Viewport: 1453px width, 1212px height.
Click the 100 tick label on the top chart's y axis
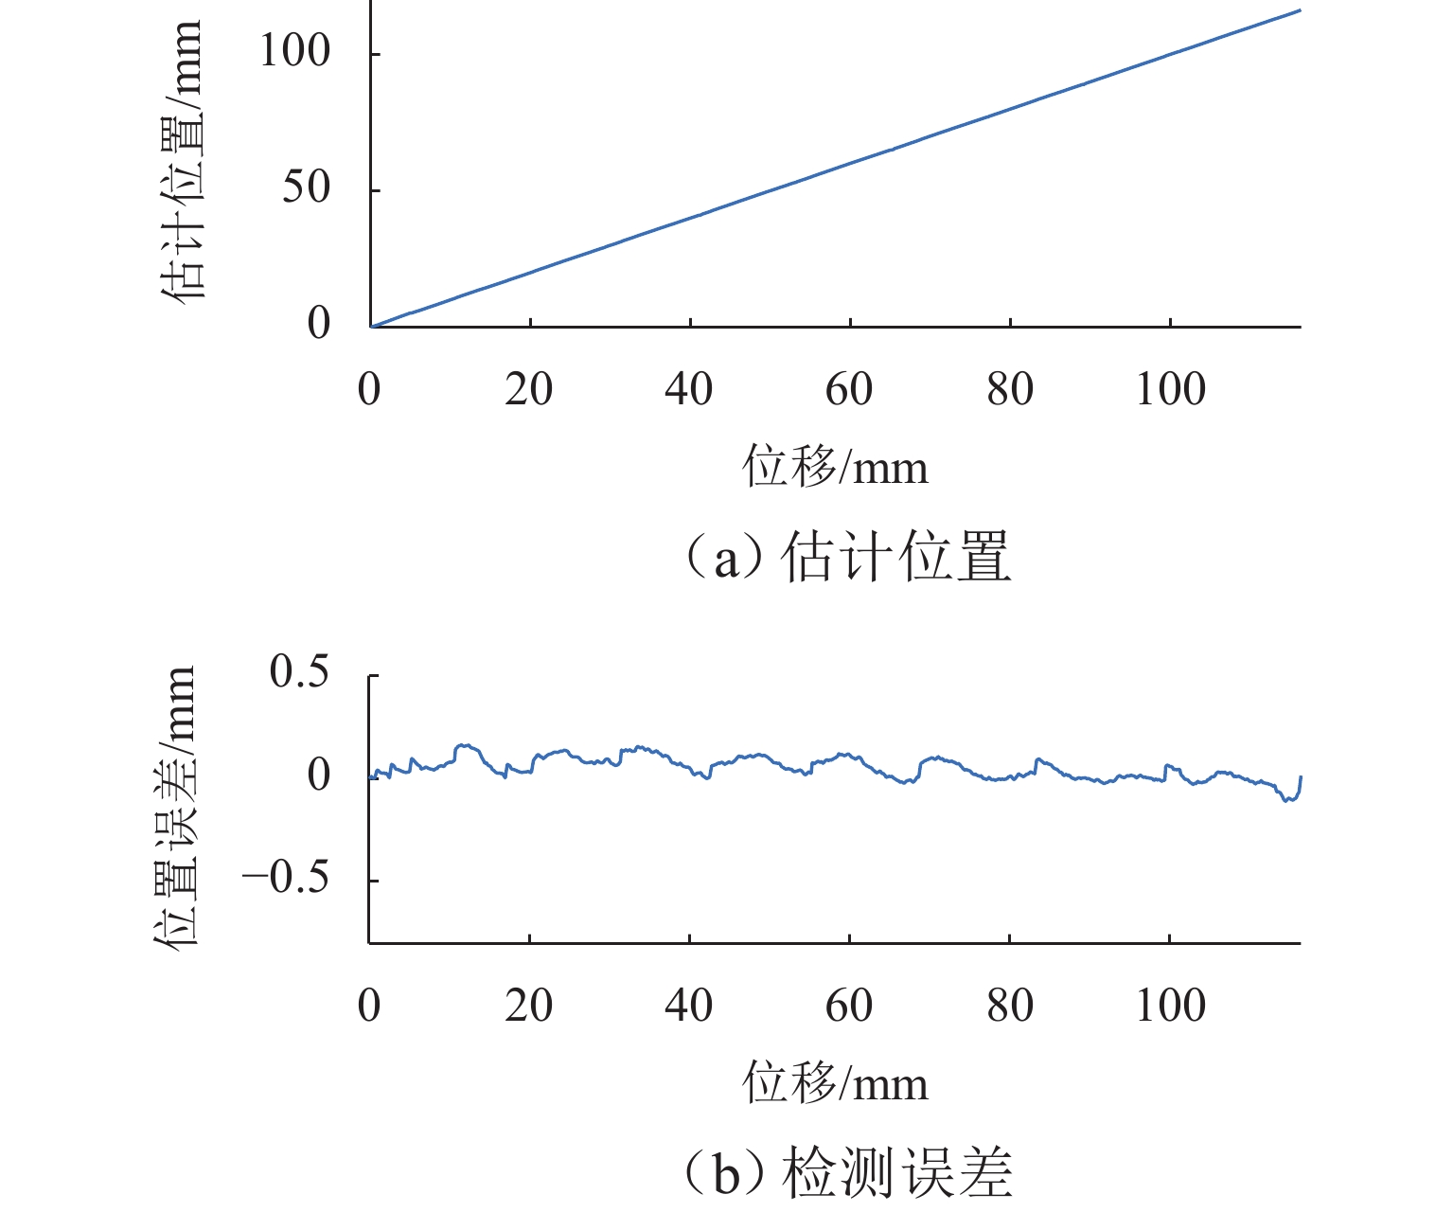(x=294, y=51)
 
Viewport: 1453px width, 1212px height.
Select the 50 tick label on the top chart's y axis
(x=306, y=187)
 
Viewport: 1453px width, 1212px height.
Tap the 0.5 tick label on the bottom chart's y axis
(x=299, y=672)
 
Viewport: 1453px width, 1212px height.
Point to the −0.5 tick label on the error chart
(x=286, y=879)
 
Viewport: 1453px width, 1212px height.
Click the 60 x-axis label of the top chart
(x=849, y=389)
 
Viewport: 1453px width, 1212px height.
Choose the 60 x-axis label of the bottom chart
(x=849, y=1006)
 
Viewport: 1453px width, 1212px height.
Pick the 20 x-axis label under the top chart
(x=528, y=389)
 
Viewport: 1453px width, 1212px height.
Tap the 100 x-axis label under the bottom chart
(x=1171, y=1006)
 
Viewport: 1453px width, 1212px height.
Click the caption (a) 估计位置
(x=846, y=557)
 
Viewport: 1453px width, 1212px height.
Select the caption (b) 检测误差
(x=846, y=1173)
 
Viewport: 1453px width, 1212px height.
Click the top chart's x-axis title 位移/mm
(x=835, y=467)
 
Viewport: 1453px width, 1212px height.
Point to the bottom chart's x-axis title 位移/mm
(x=835, y=1083)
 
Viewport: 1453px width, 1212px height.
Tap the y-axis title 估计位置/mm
(x=180, y=161)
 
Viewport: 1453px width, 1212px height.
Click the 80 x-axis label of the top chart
(x=1010, y=389)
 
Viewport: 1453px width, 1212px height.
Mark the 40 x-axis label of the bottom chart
(x=688, y=1006)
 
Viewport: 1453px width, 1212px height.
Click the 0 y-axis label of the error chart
(x=319, y=775)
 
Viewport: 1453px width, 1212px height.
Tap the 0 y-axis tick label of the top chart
(x=319, y=324)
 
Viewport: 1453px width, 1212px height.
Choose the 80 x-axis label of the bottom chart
(x=1010, y=1006)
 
